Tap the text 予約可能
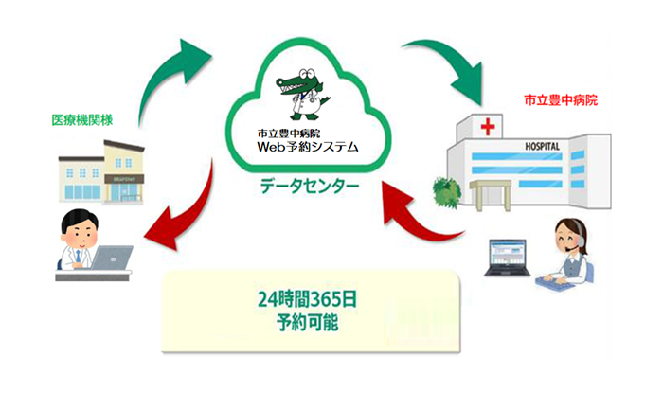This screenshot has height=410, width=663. (x=311, y=322)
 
